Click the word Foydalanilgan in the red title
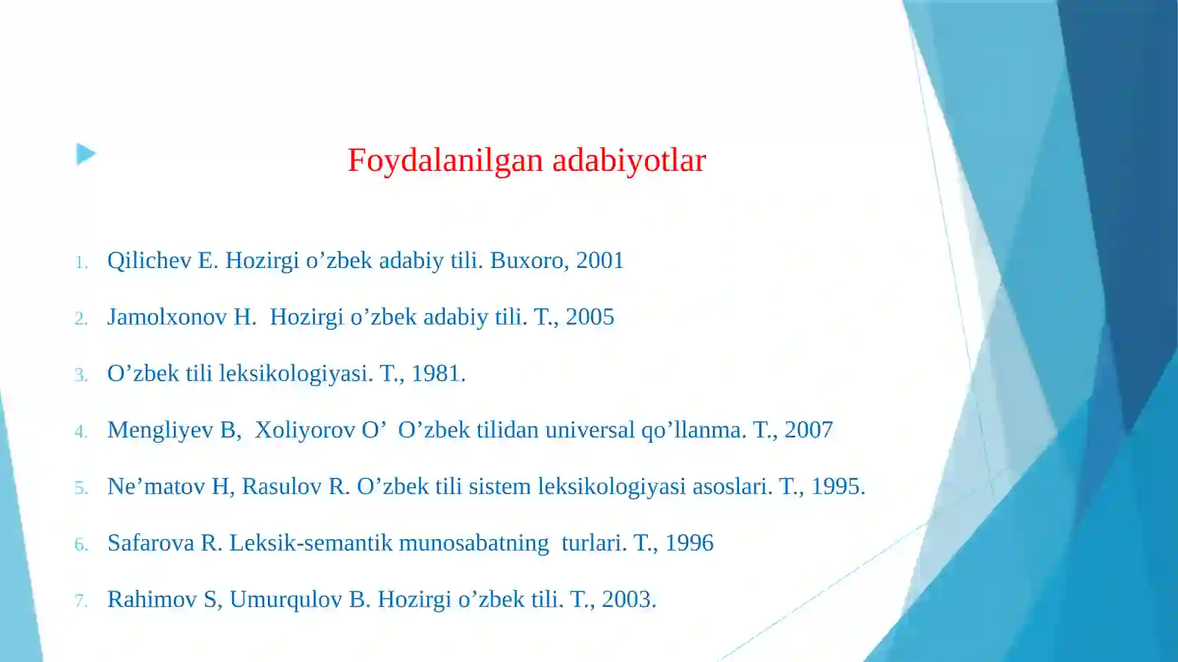[x=446, y=161]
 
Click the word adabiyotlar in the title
[x=629, y=161]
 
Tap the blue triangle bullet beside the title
[x=85, y=155]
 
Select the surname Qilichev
[x=149, y=261]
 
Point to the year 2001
[x=599, y=261]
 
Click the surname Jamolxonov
[x=167, y=317]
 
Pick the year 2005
[x=590, y=317]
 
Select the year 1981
[x=437, y=374]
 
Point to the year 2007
[x=808, y=430]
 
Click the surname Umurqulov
[x=286, y=600]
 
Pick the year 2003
[x=627, y=600]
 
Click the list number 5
[x=80, y=488]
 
